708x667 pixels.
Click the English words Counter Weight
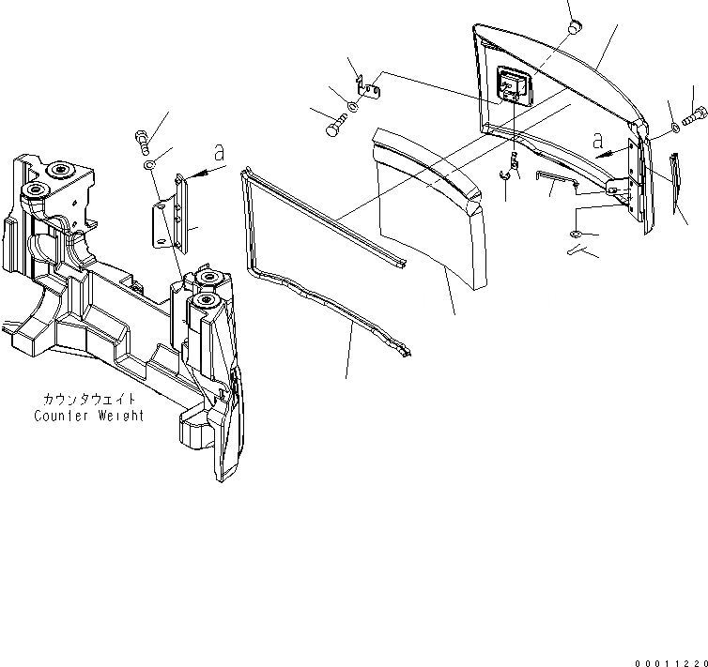click(x=89, y=416)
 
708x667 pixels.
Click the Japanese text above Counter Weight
click(x=89, y=400)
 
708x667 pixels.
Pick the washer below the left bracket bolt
click(x=149, y=165)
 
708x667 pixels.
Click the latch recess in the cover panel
click(x=513, y=90)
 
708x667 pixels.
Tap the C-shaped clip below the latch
click(x=504, y=172)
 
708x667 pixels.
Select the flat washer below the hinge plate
click(x=577, y=233)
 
